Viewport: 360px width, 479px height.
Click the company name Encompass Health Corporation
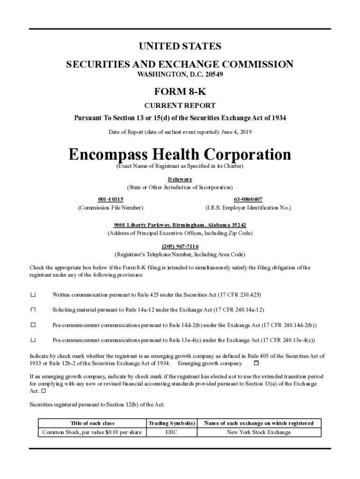pyautogui.click(x=180, y=154)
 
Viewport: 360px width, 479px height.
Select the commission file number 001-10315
pyautogui.click(x=110, y=199)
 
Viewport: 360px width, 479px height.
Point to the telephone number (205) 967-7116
pyautogui.click(x=180, y=246)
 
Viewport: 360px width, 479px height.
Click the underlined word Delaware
pyautogui.click(x=180, y=179)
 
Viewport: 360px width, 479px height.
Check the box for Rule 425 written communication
pyautogui.click(x=33, y=295)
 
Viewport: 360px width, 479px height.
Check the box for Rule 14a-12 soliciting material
pyautogui.click(x=33, y=310)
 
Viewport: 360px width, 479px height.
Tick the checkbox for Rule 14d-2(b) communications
pyautogui.click(x=33, y=325)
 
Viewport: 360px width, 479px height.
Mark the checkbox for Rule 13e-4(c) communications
pyautogui.click(x=33, y=340)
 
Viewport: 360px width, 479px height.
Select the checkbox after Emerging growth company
pyautogui.click(x=256, y=363)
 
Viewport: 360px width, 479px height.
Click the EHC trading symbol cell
pyautogui.click(x=172, y=432)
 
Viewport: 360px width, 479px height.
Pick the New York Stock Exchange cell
pyautogui.click(x=259, y=432)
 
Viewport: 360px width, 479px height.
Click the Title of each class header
pyautogui.click(x=92, y=423)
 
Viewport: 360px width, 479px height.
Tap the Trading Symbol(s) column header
pyautogui.click(x=172, y=423)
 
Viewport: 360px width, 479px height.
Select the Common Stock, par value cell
pyautogui.click(x=92, y=432)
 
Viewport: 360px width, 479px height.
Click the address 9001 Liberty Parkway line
pyautogui.click(x=180, y=225)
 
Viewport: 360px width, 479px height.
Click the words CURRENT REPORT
pyautogui.click(x=180, y=106)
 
